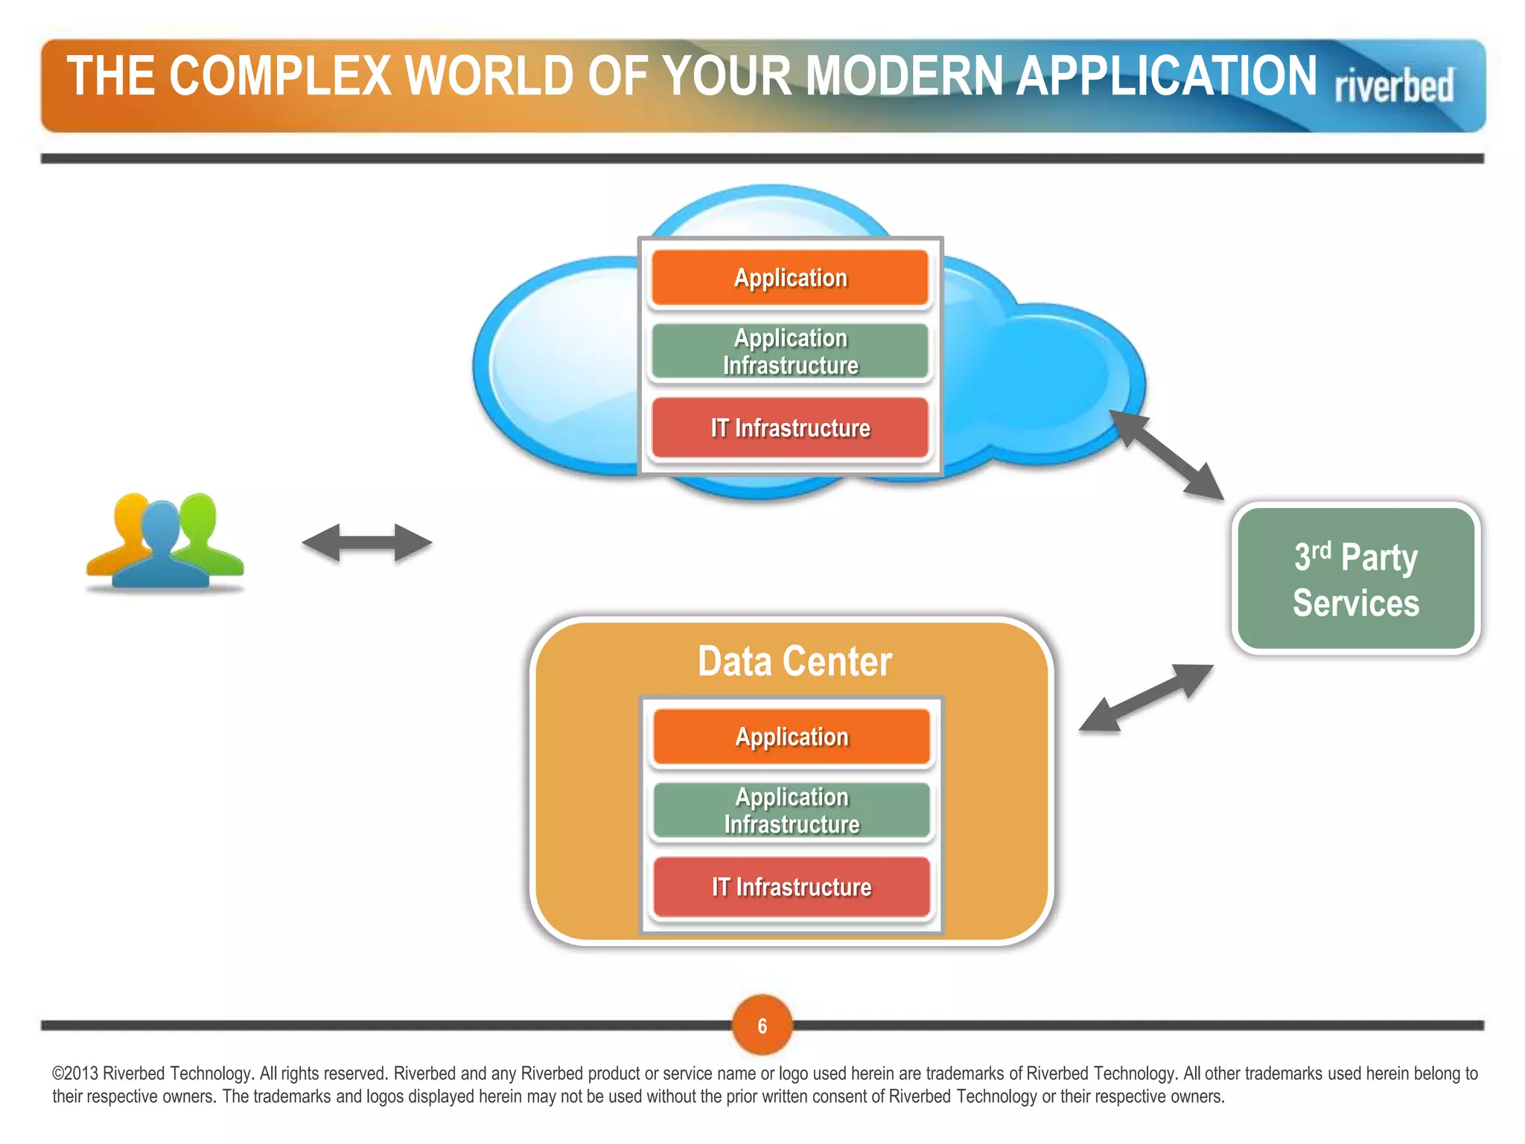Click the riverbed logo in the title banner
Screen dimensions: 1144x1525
tap(1393, 86)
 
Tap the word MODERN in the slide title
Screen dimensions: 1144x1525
tap(905, 77)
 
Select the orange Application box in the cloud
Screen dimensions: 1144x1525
tap(790, 278)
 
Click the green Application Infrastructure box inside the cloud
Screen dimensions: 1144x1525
tap(790, 352)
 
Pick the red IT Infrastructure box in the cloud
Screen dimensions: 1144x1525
tap(790, 428)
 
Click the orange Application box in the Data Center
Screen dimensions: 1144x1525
tap(792, 737)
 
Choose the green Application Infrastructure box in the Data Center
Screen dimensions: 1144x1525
tap(792, 810)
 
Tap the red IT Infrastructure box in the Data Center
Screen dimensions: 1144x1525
tap(792, 887)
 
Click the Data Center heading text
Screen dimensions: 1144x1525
tap(794, 661)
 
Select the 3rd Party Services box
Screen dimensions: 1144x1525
tap(1355, 579)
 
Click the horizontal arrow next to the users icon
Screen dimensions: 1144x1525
tap(367, 542)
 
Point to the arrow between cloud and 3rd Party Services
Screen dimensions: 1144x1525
tap(1167, 454)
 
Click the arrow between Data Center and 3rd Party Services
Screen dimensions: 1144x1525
tap(1146, 698)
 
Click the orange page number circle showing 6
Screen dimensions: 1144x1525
tap(762, 1026)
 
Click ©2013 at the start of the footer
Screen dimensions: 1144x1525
tap(74, 1073)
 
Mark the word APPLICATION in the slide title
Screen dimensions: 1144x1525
tap(1167, 77)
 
